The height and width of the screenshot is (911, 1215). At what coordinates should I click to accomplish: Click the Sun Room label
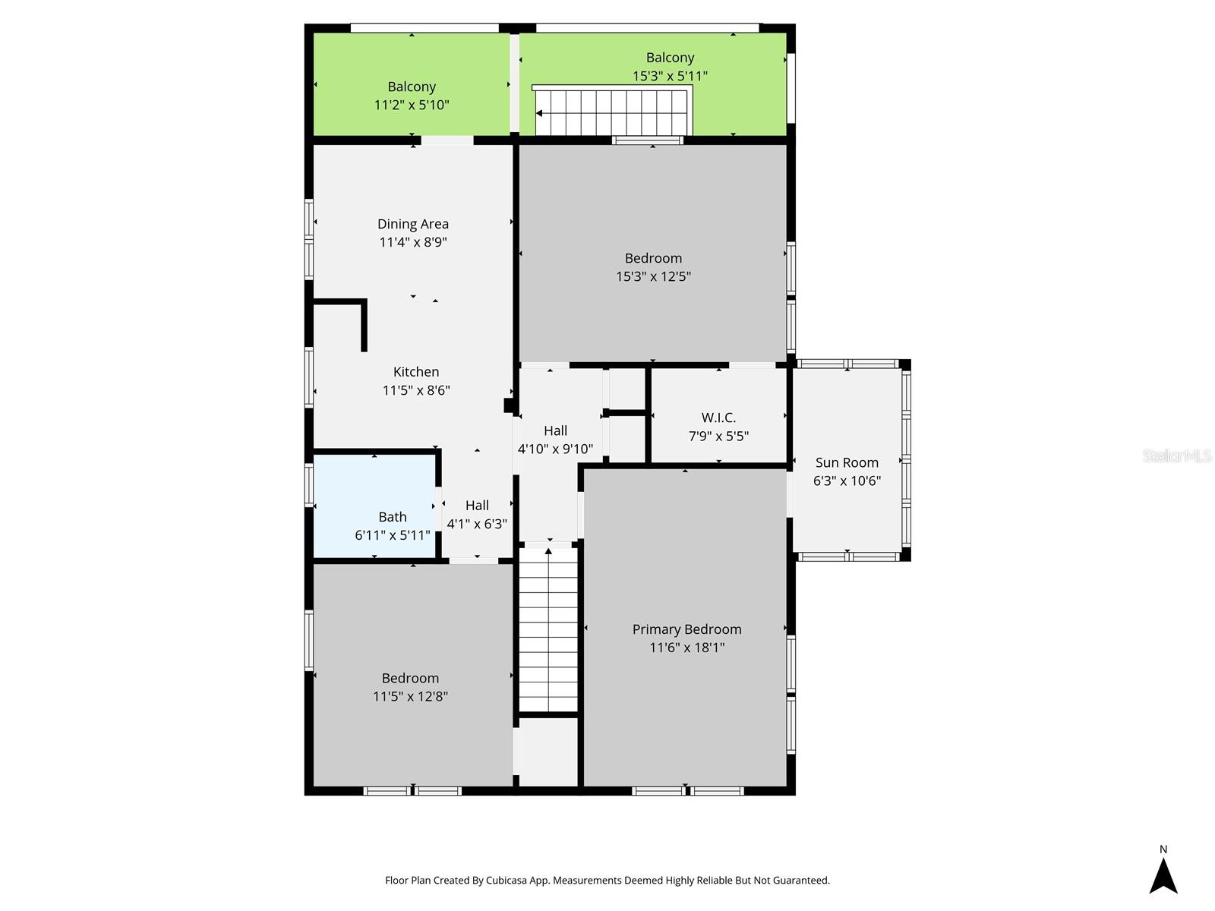click(846, 462)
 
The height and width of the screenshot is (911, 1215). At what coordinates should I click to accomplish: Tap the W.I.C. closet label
click(718, 418)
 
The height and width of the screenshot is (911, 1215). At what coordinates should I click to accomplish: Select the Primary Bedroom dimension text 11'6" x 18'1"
click(686, 648)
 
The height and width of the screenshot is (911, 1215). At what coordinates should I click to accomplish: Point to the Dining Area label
click(413, 224)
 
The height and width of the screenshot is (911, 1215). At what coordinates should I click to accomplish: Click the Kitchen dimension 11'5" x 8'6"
click(416, 390)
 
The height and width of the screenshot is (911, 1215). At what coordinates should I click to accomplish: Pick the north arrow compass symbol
click(1163, 876)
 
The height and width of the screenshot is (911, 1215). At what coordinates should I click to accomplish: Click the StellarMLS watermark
click(1176, 455)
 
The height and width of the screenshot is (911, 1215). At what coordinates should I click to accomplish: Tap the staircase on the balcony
click(611, 112)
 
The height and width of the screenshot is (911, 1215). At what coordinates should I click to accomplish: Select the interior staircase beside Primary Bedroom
click(548, 630)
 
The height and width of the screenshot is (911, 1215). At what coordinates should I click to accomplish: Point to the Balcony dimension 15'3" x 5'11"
click(670, 76)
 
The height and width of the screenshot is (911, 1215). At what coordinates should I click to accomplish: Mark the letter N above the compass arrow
click(1163, 850)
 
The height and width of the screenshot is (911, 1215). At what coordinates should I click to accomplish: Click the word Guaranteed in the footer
click(802, 881)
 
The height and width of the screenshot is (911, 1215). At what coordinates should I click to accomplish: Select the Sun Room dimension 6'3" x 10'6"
click(846, 481)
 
